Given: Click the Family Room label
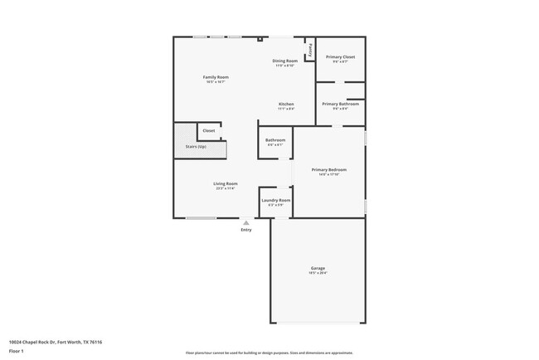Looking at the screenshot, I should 216,77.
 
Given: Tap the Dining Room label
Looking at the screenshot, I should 284,61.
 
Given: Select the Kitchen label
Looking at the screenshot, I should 285,104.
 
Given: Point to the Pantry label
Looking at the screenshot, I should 311,49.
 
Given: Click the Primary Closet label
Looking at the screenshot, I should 340,56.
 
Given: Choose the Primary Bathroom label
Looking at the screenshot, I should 340,104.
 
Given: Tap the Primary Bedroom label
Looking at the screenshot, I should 328,169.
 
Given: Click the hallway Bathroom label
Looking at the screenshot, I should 275,139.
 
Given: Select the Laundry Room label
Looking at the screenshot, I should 275,200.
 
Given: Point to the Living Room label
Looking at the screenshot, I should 226,183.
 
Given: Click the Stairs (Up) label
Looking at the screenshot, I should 196,147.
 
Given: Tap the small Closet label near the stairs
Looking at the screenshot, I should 208,130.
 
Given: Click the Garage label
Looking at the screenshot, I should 318,268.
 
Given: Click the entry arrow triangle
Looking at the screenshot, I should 245,222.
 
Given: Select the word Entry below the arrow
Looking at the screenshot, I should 245,230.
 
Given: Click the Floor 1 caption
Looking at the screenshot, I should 15,351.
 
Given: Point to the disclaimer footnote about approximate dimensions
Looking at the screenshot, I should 269,353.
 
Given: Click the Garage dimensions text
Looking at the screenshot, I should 318,273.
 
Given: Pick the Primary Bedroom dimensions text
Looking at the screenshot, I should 328,174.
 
